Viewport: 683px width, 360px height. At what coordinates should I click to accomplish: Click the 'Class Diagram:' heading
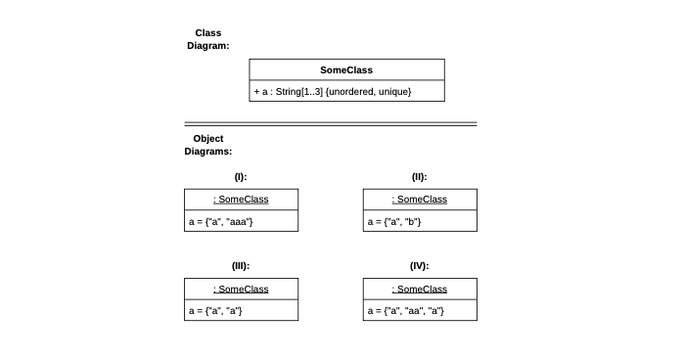click(x=207, y=39)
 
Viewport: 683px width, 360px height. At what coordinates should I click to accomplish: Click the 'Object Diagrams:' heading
click(x=207, y=145)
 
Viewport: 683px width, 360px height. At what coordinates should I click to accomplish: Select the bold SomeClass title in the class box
click(x=346, y=70)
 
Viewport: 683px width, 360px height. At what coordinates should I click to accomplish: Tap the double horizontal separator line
click(x=331, y=124)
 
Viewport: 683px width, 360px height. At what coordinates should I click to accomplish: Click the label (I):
click(x=241, y=177)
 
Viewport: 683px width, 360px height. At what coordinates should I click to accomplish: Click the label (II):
click(x=419, y=177)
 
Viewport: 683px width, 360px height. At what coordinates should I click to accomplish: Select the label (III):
click(x=241, y=266)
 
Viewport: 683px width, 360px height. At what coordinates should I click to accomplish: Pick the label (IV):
click(x=419, y=266)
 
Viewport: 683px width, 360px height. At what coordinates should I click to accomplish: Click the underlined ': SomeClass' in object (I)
click(x=241, y=200)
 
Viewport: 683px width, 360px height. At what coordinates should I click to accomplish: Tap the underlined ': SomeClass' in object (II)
click(x=420, y=200)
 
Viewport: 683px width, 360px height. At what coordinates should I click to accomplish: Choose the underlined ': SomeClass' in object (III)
click(x=241, y=289)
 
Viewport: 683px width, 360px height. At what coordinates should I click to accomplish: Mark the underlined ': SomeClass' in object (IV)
click(x=420, y=289)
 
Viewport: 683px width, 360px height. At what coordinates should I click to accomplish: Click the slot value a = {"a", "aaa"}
click(x=221, y=222)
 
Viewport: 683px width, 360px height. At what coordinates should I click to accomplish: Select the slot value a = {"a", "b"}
click(x=394, y=222)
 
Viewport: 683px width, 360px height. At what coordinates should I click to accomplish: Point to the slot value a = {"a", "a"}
click(x=215, y=311)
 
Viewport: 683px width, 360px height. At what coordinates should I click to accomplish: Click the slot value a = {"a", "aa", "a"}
click(x=406, y=311)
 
